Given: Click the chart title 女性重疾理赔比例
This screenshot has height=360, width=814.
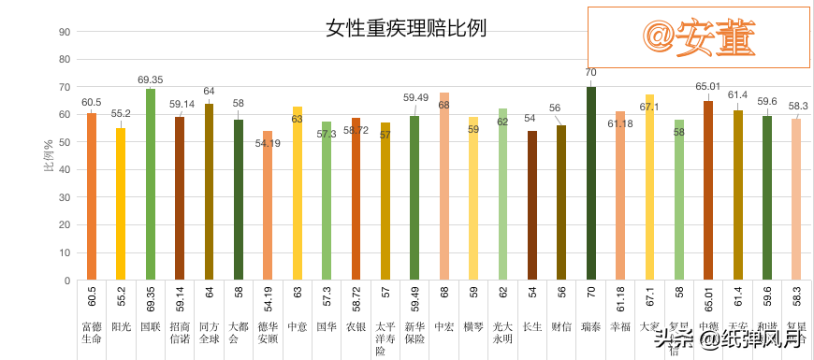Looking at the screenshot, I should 406,28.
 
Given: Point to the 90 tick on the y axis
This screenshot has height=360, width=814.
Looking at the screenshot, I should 65,32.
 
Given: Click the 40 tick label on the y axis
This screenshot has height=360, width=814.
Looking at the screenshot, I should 65,170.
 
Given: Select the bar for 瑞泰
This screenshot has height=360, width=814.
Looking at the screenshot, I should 590,183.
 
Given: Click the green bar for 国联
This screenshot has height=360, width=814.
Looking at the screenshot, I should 151,184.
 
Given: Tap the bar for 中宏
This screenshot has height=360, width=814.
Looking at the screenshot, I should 443,186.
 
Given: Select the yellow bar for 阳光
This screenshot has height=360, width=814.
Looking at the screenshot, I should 121,204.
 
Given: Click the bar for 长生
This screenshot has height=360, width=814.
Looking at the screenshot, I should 532,206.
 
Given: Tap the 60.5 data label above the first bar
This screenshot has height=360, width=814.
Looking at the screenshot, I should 92,103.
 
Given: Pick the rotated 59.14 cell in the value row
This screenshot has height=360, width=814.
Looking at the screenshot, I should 180,299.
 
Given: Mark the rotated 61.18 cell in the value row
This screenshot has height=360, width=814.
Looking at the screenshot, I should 619,299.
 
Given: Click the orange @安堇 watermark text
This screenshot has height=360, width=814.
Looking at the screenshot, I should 698,36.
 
